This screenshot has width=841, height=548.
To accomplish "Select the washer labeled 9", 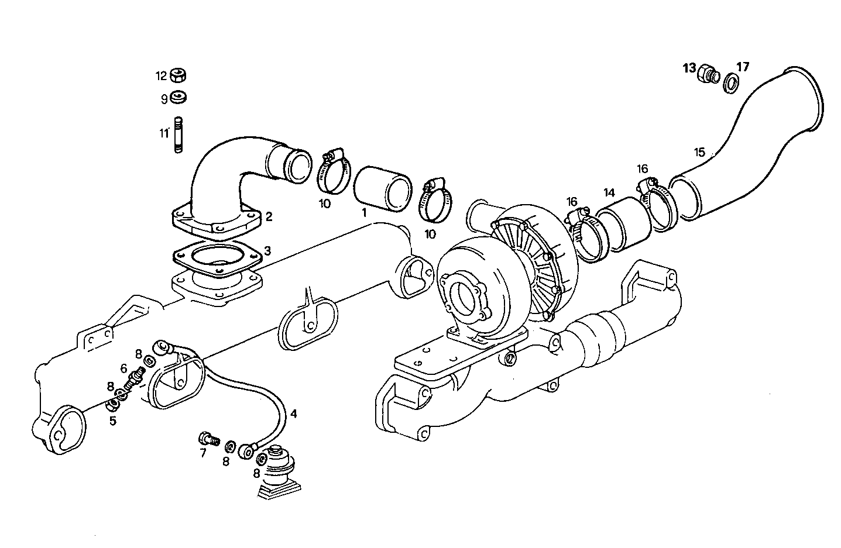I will pyautogui.click(x=179, y=98).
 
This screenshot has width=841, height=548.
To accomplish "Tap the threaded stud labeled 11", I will pyautogui.click(x=178, y=136).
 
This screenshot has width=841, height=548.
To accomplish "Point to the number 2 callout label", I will pyautogui.click(x=269, y=217).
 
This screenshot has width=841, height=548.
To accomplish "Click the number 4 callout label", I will pyautogui.click(x=294, y=413).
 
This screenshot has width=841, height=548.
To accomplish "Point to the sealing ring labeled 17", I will pyautogui.click(x=731, y=82).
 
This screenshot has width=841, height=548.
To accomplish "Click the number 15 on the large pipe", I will pyautogui.click(x=699, y=153).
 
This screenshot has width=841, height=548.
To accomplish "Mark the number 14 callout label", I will pyautogui.click(x=610, y=192).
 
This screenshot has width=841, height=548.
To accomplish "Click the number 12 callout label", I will pyautogui.click(x=161, y=76).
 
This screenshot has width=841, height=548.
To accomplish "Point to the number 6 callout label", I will pyautogui.click(x=124, y=368).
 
